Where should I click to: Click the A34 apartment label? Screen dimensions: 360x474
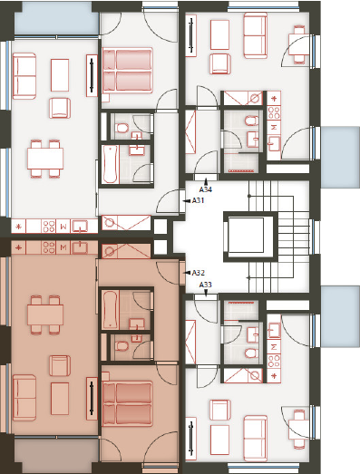pos(206,189)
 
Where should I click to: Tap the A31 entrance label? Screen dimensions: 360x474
pos(199,200)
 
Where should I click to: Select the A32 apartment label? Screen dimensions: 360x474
pos(199,273)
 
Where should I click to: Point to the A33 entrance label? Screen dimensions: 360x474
pos(206,285)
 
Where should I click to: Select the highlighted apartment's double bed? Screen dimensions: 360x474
pos(127,403)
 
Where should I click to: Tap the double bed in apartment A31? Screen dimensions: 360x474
pos(127,70)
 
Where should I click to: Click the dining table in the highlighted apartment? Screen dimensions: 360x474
pos(45,314)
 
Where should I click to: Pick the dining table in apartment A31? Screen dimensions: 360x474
pos(45,159)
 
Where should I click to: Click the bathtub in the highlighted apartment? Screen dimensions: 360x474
pos(110,310)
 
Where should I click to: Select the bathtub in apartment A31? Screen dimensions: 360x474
pos(110,164)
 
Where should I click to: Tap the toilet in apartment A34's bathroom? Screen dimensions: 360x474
pos(251,121)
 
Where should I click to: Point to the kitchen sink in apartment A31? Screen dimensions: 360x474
pos(80,226)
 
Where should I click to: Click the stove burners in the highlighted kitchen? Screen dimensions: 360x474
pos(48,247)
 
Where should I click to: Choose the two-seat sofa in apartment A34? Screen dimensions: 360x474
pos(256,35)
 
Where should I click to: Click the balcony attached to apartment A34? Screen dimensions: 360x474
pos(340,157)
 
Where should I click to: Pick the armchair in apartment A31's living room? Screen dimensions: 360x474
pos(60,108)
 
